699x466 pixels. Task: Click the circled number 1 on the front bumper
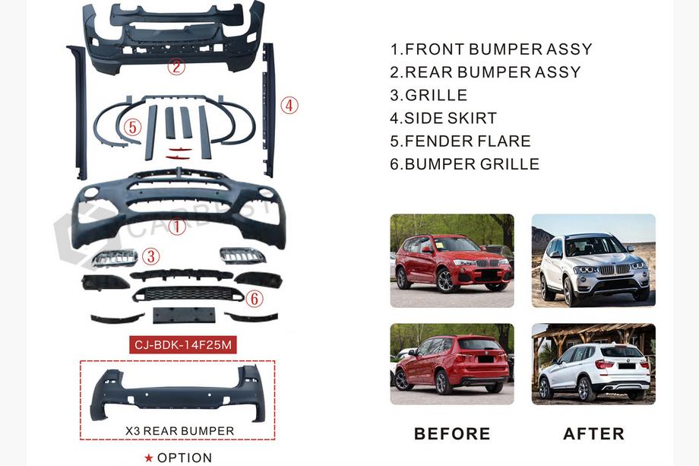pyautogui.click(x=176, y=227)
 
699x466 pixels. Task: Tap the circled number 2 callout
pyautogui.click(x=176, y=67)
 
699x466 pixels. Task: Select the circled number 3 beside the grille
pyautogui.click(x=150, y=256)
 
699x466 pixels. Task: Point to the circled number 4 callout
pyautogui.click(x=289, y=106)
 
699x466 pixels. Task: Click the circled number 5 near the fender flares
pyautogui.click(x=132, y=127)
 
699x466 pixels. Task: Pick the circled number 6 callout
pyautogui.click(x=254, y=298)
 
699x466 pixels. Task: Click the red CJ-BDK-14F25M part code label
pyautogui.click(x=183, y=344)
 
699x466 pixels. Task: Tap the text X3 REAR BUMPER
pyautogui.click(x=179, y=431)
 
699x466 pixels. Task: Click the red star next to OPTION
pyautogui.click(x=149, y=458)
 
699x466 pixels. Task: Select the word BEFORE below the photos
pyautogui.click(x=452, y=433)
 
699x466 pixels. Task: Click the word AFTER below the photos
pyautogui.click(x=594, y=433)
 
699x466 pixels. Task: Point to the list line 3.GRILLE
pyautogui.click(x=429, y=95)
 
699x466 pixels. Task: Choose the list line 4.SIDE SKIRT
pyautogui.click(x=443, y=118)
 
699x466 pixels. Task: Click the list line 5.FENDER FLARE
pyautogui.click(x=460, y=141)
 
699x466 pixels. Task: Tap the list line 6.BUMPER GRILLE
pyautogui.click(x=464, y=164)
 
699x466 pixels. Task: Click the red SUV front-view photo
pyautogui.click(x=452, y=261)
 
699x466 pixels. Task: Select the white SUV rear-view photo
pyautogui.click(x=593, y=364)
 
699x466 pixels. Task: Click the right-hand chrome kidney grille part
pyautogui.click(x=242, y=256)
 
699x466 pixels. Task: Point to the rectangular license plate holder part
pyautogui.click(x=184, y=315)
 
